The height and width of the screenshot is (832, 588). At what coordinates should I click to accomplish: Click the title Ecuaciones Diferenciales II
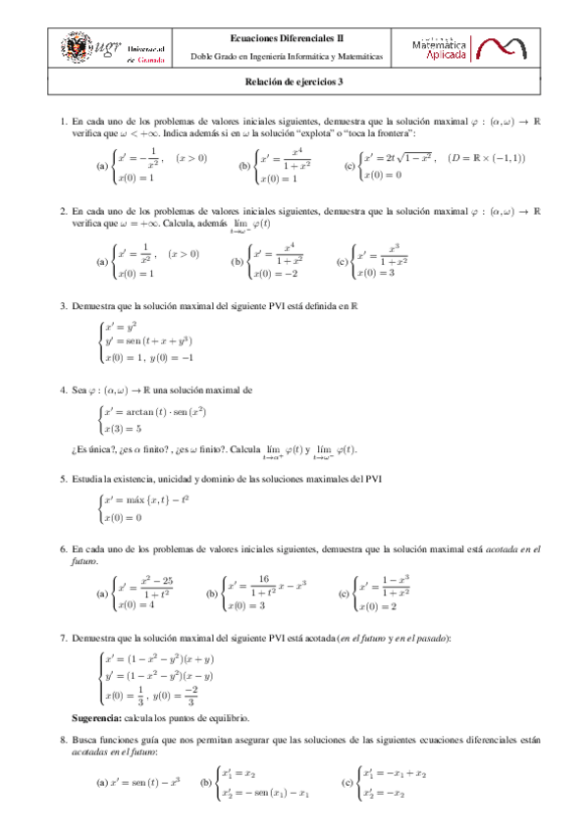[x=293, y=35]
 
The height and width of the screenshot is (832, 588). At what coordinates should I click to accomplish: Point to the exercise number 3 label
[x=63, y=307]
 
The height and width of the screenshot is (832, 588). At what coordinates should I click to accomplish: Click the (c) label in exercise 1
[x=348, y=166]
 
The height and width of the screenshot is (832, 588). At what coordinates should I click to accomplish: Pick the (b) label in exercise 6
[x=212, y=595]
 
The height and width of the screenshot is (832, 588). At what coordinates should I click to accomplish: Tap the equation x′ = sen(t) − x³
[x=147, y=783]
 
